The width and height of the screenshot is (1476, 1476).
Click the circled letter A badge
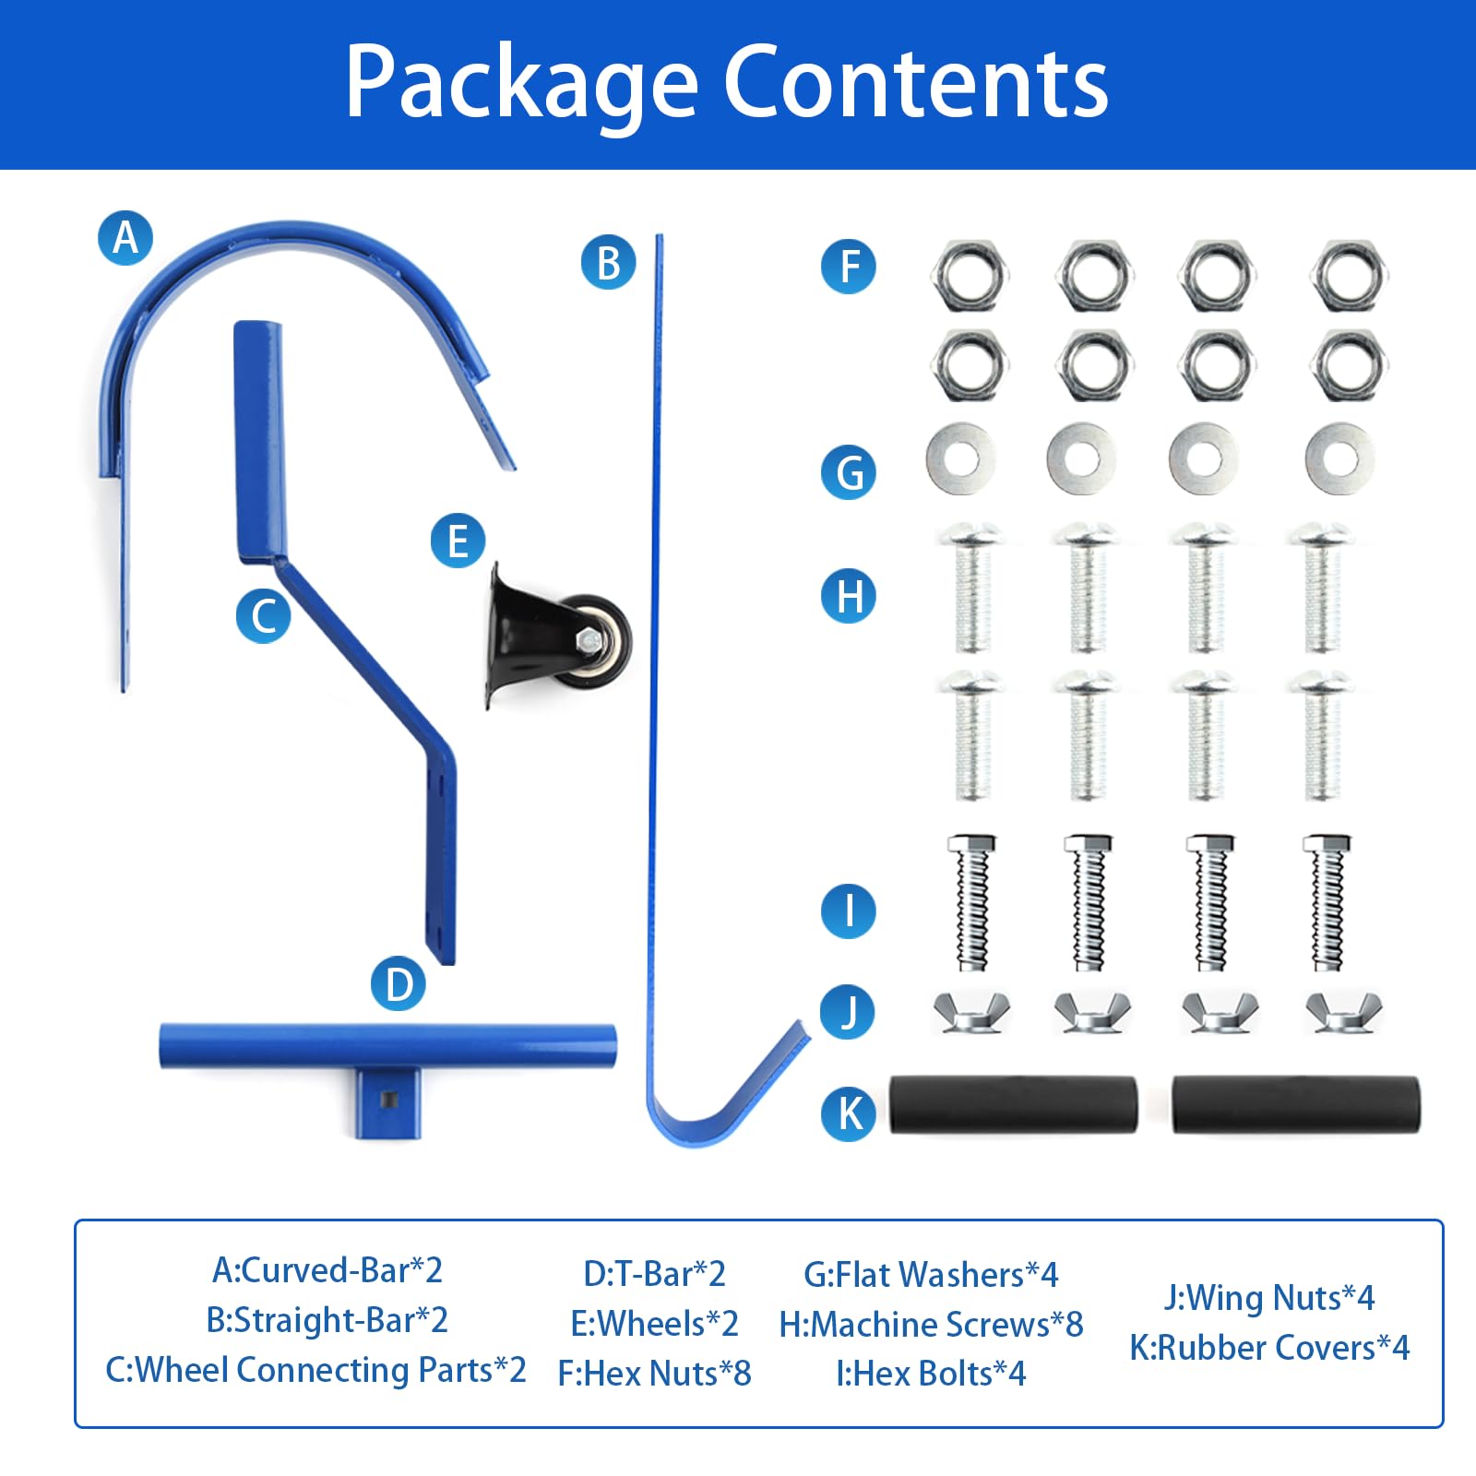pyautogui.click(x=125, y=238)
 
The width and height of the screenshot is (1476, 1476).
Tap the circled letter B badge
pyautogui.click(x=608, y=262)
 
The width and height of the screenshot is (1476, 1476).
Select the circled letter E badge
pyautogui.click(x=458, y=541)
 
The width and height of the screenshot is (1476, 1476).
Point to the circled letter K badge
pyautogui.click(x=849, y=1113)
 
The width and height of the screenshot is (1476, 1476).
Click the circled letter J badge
pyautogui.click(x=848, y=1012)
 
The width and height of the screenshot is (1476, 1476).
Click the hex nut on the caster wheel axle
pyautogui.click(x=587, y=639)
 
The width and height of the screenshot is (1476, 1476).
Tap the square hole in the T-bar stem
pyautogui.click(x=388, y=1097)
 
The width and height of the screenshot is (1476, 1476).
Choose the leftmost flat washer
pyautogui.click(x=961, y=458)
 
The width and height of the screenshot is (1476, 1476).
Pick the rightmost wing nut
pyautogui.click(x=1344, y=1012)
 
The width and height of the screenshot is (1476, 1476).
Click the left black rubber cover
pyautogui.click(x=1013, y=1104)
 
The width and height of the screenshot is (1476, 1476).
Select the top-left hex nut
pyautogui.click(x=970, y=275)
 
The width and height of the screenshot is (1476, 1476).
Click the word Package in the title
pyautogui.click(x=521, y=83)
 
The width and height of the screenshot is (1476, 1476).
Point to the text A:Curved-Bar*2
pyautogui.click(x=327, y=1271)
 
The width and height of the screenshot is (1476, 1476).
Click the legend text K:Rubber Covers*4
pyautogui.click(x=1269, y=1348)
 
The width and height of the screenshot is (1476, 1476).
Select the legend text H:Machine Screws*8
pyautogui.click(x=931, y=1325)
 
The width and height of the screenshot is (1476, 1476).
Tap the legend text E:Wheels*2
pyautogui.click(x=654, y=1324)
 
